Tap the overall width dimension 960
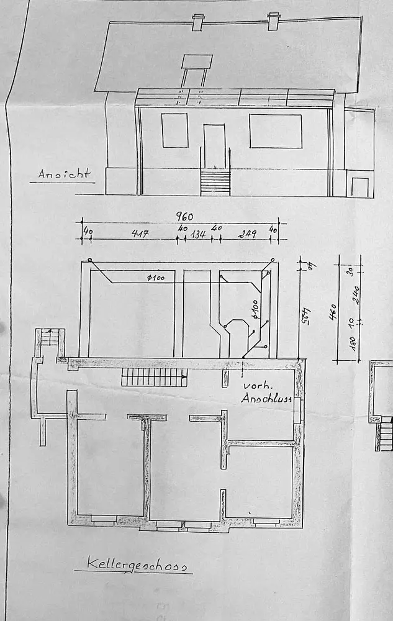tap(184, 217)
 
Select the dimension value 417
tap(140, 234)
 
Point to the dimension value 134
tap(198, 234)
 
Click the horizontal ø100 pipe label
tap(156, 278)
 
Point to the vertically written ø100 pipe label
tap(255, 309)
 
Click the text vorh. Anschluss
tap(266, 391)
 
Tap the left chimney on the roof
tap(197, 22)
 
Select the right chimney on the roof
tap(273, 21)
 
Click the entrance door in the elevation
tap(214, 146)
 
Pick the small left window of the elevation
tap(174, 130)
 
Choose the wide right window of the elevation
tap(275, 130)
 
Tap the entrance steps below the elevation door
tap(215, 183)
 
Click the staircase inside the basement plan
tap(153, 376)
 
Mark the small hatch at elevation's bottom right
tap(359, 187)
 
